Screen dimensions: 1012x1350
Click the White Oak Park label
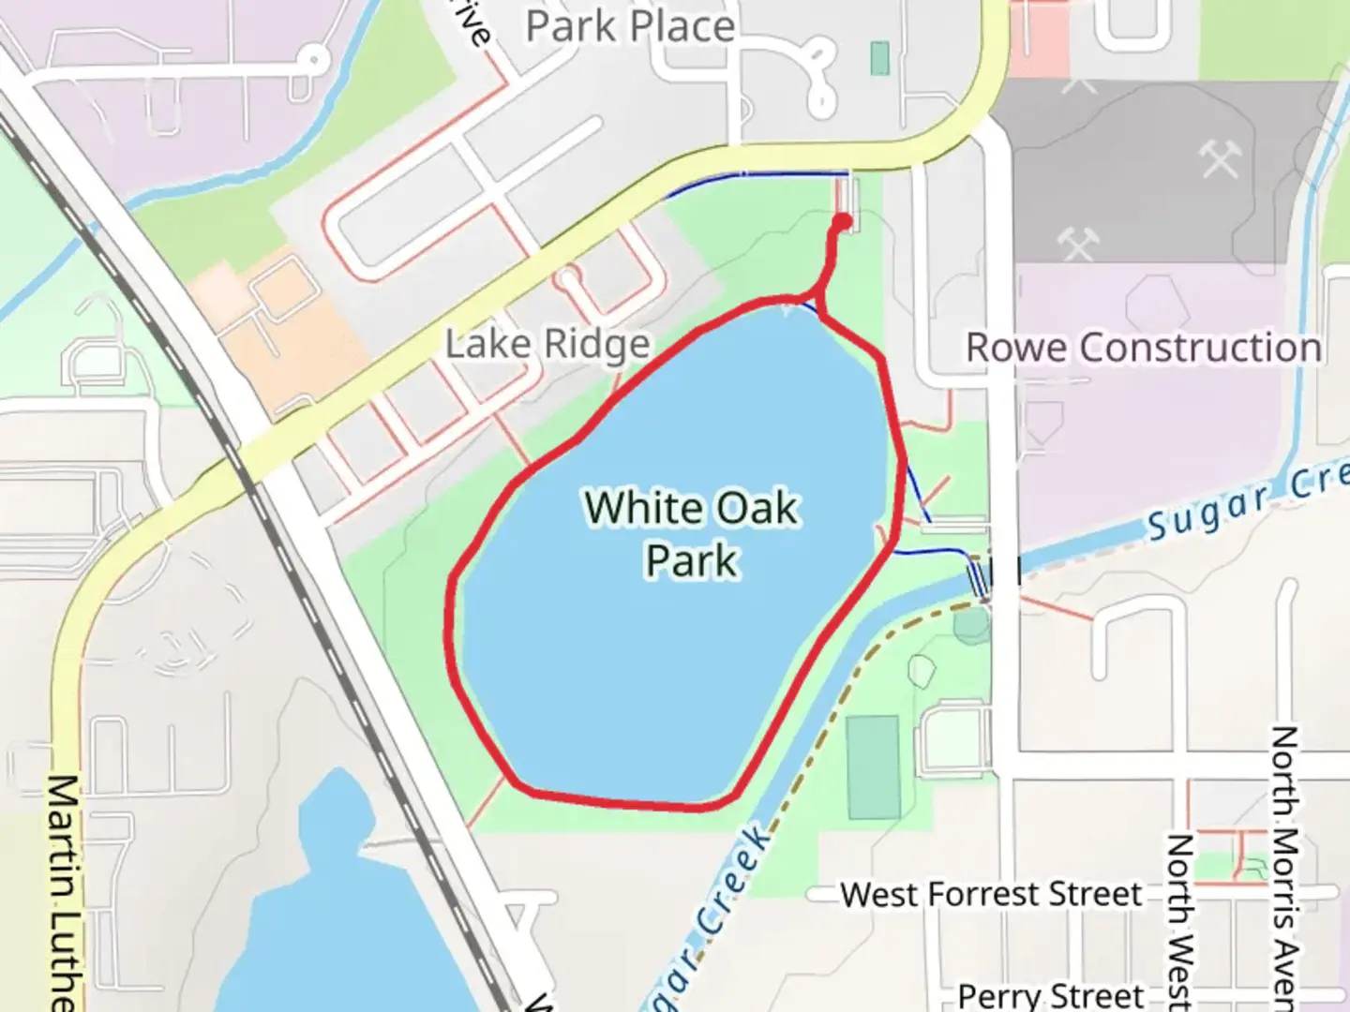point(692,534)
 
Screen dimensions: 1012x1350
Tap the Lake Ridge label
point(547,344)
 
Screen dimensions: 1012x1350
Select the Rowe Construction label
point(1144,348)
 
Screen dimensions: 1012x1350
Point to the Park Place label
point(630,26)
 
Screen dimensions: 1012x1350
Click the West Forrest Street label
point(991,894)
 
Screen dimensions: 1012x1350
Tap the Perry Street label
point(1050,994)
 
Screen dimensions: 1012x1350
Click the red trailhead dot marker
point(842,222)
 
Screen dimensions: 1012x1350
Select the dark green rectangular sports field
point(873,767)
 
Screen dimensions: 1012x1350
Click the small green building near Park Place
point(879,58)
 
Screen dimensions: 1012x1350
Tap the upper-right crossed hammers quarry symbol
point(1220,160)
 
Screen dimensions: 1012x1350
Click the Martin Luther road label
point(63,890)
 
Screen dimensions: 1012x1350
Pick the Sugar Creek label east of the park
point(1247,500)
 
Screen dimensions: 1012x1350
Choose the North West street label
point(1179,918)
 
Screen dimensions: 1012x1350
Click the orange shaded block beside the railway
point(272,319)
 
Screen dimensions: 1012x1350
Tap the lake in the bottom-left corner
point(337,918)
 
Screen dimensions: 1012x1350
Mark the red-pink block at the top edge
point(1039,37)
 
